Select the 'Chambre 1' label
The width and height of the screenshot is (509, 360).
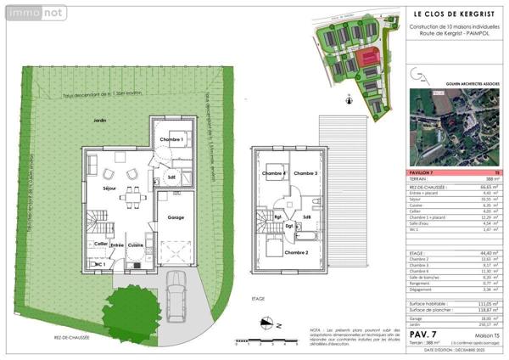pyautogui.click(x=171, y=139)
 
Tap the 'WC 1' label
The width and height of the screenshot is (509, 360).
pyautogui.click(x=99, y=265)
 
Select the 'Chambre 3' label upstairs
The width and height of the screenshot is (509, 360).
pyautogui.click(x=305, y=173)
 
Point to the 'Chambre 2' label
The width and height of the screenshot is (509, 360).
pyautogui.click(x=307, y=252)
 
